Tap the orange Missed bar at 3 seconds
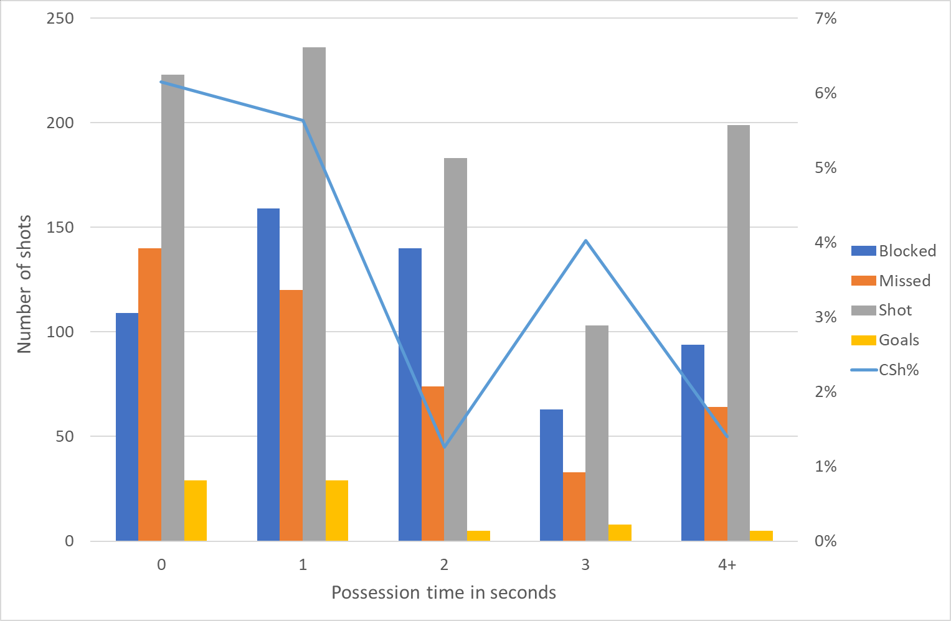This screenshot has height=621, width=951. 574,507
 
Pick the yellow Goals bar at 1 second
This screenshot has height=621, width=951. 337,510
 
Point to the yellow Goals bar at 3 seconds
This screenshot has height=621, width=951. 620,533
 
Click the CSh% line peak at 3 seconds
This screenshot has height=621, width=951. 586,240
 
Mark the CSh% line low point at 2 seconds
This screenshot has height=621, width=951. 444,447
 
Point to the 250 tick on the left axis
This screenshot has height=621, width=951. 60,18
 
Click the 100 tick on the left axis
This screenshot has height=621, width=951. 60,332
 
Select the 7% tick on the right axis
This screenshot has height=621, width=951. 825,18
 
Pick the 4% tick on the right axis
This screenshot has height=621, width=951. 825,242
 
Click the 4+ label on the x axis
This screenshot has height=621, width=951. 727,565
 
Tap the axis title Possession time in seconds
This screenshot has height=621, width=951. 443,592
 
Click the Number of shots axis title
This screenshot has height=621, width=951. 24,284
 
